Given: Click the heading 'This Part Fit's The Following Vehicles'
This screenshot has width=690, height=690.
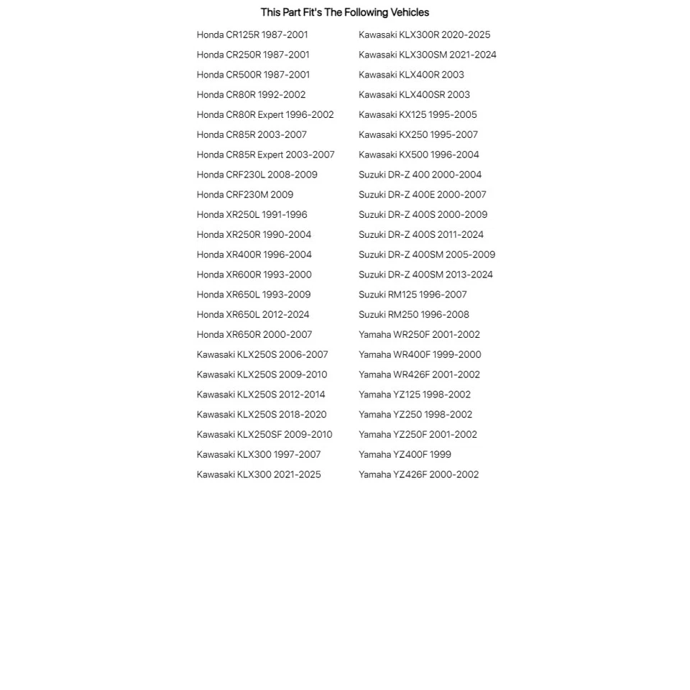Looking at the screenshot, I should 344,12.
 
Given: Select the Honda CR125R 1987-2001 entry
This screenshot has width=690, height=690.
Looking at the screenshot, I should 252,34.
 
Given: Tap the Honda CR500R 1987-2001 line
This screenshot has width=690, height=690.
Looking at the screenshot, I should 253,75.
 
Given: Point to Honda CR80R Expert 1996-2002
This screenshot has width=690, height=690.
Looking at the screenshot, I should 265,115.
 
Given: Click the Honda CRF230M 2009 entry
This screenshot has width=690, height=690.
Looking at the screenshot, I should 245,195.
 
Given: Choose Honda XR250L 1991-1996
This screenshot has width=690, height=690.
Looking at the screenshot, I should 252,215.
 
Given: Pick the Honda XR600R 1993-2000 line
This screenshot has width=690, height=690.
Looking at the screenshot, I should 254,275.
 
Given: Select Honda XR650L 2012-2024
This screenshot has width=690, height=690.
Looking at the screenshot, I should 253,315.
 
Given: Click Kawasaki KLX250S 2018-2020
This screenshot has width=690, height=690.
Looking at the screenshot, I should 262,415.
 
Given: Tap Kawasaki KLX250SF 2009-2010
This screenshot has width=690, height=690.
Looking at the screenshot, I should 264,435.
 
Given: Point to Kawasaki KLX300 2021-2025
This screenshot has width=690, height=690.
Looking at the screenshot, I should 259,474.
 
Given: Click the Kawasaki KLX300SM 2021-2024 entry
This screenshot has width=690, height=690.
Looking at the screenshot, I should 428,55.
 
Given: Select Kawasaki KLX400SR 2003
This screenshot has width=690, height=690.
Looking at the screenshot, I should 414,95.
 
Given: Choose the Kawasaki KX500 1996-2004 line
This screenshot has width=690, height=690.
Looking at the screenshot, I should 418,155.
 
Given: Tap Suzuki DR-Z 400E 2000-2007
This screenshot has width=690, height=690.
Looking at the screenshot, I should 423,195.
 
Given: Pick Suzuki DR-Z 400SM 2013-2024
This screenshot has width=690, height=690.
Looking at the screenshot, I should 425,275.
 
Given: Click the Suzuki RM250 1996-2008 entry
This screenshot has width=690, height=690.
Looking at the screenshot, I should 414,315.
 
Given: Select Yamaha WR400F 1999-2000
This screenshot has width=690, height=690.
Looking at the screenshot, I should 420,354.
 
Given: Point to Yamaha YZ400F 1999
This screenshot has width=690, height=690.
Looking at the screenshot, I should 405,454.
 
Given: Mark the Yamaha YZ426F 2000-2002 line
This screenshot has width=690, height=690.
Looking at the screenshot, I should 418,474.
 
